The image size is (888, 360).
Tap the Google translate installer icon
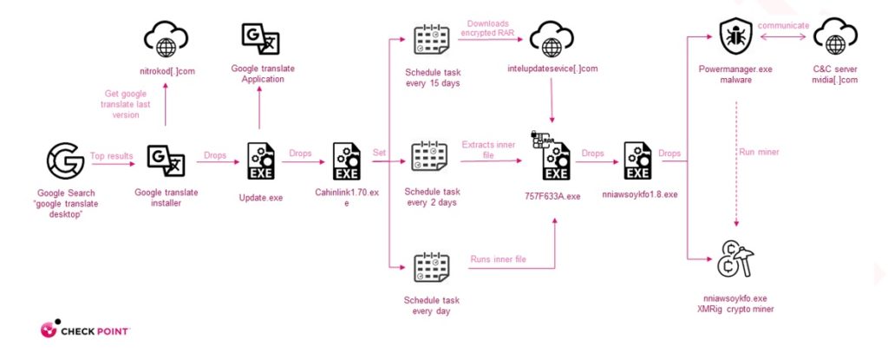point(164,160)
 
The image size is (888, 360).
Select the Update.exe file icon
point(260,160)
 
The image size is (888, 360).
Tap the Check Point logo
point(84,331)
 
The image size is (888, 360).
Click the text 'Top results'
point(112,156)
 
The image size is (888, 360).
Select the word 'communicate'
point(785,25)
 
